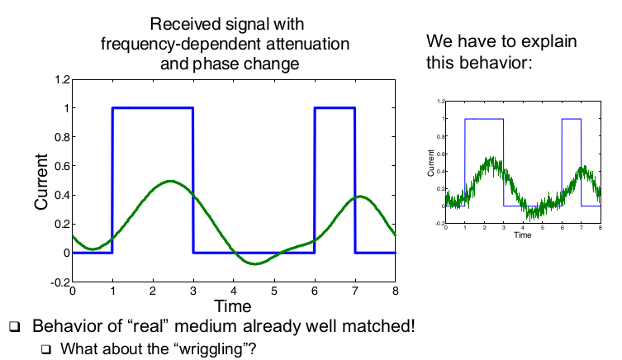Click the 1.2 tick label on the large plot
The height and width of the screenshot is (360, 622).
point(60,79)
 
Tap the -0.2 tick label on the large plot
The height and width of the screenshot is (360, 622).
point(59,282)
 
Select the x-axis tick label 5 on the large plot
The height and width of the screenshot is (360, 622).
point(274,291)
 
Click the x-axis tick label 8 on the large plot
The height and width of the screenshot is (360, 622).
point(396,291)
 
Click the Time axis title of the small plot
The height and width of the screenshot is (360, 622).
point(522,234)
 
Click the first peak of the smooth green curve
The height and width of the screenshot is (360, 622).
point(171,181)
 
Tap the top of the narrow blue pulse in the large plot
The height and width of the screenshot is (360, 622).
point(335,107)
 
